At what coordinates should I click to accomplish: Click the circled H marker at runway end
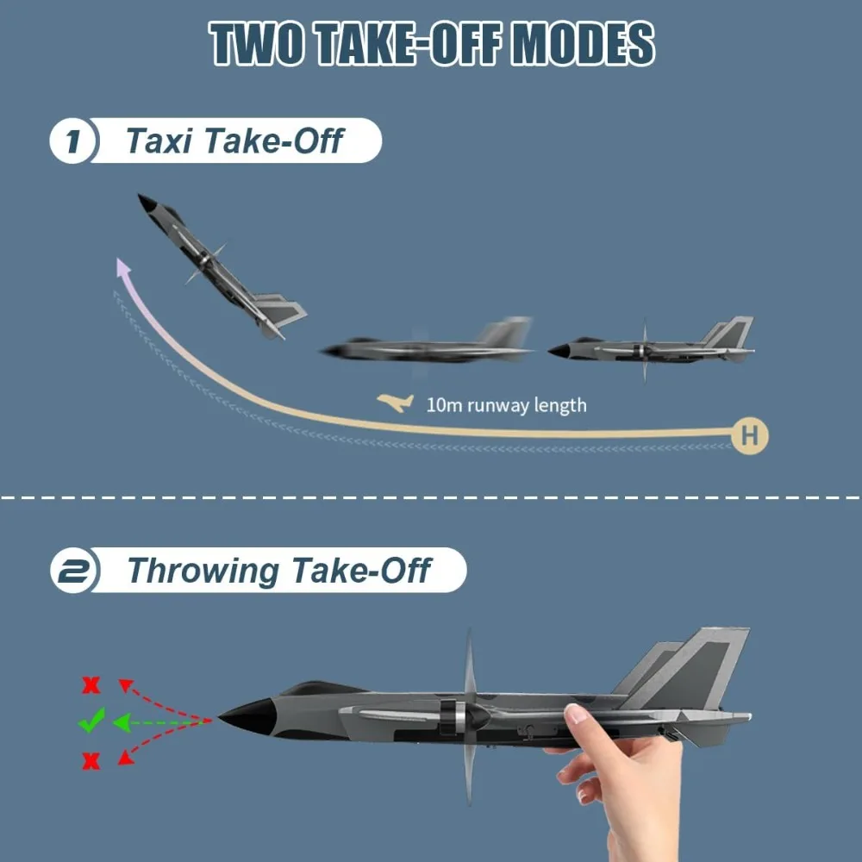(x=749, y=436)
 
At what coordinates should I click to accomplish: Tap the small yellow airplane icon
(x=396, y=403)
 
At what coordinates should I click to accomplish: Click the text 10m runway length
(x=506, y=404)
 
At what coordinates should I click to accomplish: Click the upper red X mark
(x=91, y=686)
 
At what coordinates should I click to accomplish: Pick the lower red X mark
(x=91, y=761)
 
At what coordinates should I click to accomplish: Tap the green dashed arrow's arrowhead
(x=122, y=721)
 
